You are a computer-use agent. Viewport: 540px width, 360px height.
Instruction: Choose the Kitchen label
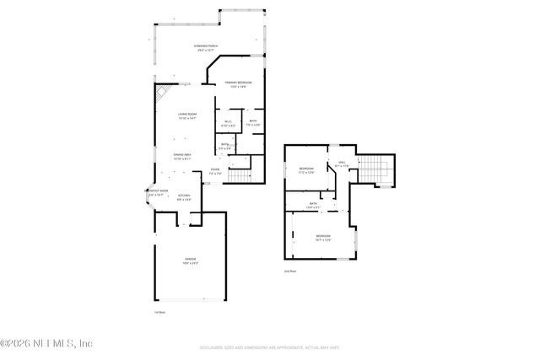(184, 197)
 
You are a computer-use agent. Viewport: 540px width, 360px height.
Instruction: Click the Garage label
(190, 260)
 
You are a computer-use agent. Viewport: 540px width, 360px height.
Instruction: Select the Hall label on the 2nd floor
(342, 164)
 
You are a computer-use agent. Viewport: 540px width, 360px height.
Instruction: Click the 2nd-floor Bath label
(313, 205)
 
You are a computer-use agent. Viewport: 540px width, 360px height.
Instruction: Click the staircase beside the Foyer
(241, 175)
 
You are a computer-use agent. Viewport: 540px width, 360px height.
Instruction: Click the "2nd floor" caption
(290, 271)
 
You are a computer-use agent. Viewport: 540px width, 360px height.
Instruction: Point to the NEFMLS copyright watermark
(46, 344)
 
